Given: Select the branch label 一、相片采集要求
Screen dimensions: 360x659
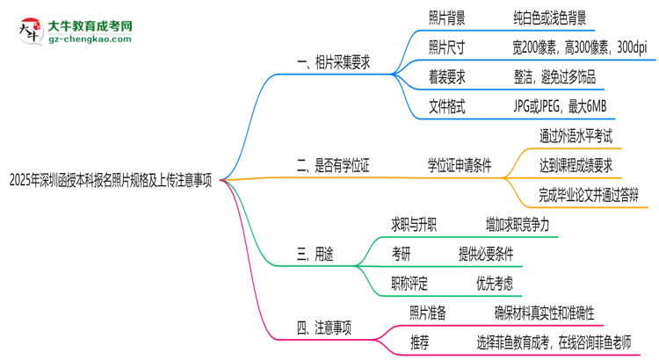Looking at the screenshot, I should coord(333,62).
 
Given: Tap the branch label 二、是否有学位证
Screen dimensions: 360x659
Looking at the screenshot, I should coord(333,164).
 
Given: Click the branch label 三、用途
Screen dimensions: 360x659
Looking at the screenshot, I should coord(315,255).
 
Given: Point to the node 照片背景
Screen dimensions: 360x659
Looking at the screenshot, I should coord(446,18).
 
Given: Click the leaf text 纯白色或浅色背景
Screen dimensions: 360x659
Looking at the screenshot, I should coord(549,18).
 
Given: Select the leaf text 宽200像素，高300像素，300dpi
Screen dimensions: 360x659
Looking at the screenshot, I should coord(585,47).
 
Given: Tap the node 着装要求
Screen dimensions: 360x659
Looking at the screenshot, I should coord(446,77).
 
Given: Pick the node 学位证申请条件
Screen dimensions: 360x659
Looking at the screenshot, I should coord(460,164).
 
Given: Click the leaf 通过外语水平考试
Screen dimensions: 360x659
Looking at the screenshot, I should coord(576,135).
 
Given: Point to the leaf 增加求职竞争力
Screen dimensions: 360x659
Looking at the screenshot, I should coord(517,225).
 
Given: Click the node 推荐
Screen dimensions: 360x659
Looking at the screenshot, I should coord(420,342).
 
